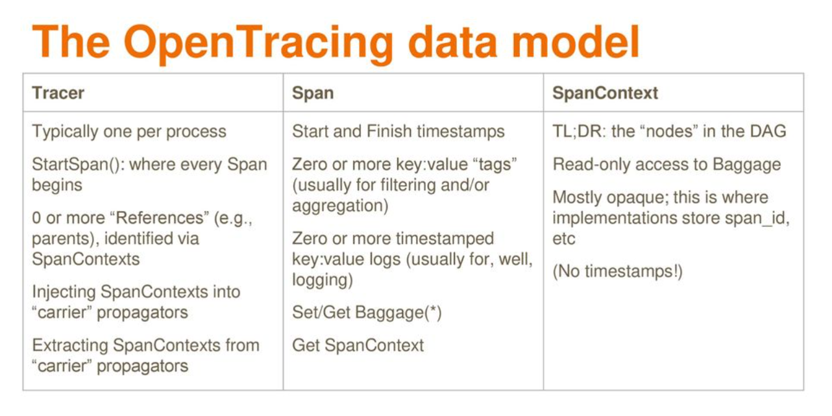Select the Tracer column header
[x=58, y=93]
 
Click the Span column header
[x=313, y=93]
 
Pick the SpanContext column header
[x=605, y=93]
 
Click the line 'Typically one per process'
[x=129, y=132]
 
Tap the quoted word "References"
[x=160, y=217]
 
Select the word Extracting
[x=70, y=345]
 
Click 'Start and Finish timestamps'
[x=398, y=132]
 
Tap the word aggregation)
[x=340, y=206]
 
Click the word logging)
[x=323, y=280]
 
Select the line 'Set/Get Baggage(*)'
[x=367, y=312]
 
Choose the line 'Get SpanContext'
[x=358, y=345]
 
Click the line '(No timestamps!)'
[x=618, y=271]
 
